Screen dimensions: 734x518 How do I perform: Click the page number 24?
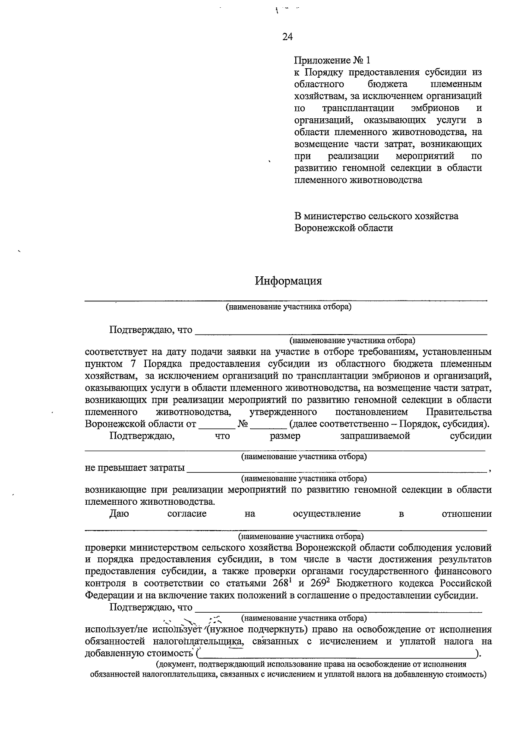pyautogui.click(x=287, y=37)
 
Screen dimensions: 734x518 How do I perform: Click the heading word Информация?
pyautogui.click(x=288, y=281)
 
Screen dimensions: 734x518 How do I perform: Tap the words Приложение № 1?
pyautogui.click(x=332, y=60)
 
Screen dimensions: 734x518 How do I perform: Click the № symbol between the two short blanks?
pyautogui.click(x=243, y=424)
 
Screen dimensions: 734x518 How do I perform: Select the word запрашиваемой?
pyautogui.click(x=375, y=436)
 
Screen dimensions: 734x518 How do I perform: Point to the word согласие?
pyautogui.click(x=187, y=514)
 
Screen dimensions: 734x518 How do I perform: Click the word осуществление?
pyautogui.click(x=327, y=514)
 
